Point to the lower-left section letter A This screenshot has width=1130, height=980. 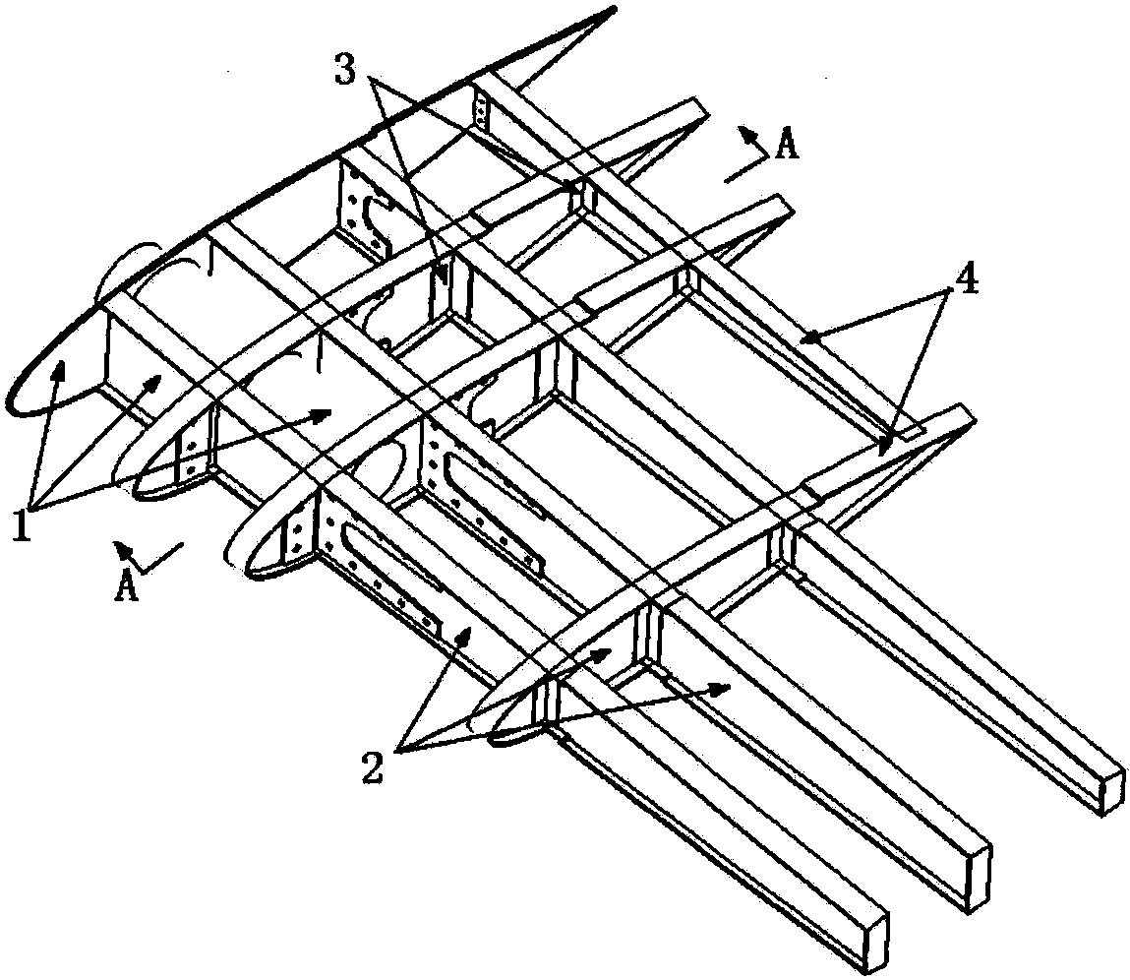[x=127, y=585]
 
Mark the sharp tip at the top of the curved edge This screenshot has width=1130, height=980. [x=614, y=9]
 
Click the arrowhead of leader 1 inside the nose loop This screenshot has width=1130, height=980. [x=59, y=369]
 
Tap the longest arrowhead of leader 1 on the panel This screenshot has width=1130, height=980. [x=320, y=412]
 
